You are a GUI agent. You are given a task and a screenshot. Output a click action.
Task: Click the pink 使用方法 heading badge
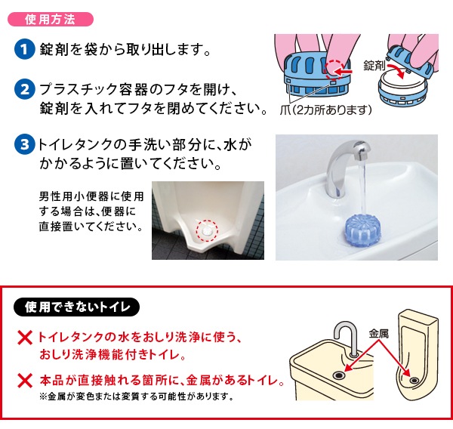(x=51, y=20)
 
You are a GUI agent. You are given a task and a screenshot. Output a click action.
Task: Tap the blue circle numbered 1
(x=25, y=49)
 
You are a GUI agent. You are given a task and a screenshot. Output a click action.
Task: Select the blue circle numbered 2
(x=25, y=89)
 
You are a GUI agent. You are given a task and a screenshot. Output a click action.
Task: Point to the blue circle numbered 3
(x=25, y=144)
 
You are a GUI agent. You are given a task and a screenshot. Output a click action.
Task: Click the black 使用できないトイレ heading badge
(x=76, y=307)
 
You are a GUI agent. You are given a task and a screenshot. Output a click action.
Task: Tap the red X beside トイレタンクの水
(x=25, y=338)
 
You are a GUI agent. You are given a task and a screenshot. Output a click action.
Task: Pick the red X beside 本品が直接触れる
(x=25, y=380)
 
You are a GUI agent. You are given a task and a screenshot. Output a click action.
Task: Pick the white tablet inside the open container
(x=402, y=82)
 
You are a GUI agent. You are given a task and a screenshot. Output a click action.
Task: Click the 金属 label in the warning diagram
(x=378, y=334)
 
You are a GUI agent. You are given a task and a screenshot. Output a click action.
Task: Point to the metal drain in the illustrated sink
(x=338, y=375)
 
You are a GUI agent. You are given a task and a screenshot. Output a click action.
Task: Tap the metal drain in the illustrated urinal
(x=414, y=380)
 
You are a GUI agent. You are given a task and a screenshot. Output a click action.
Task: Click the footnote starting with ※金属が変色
(x=137, y=396)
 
